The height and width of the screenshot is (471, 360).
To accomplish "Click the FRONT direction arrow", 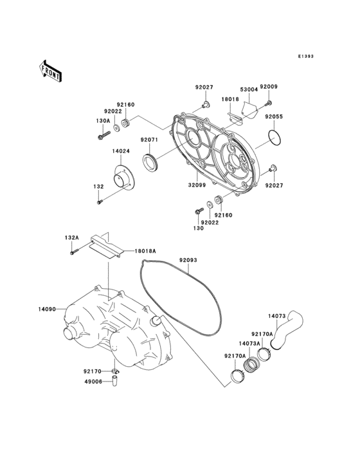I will (x=51, y=70).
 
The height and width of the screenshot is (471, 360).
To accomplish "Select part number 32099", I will (x=197, y=185).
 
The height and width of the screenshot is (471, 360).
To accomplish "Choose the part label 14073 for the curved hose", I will (x=276, y=315).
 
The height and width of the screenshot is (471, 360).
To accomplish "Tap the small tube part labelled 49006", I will (x=116, y=380).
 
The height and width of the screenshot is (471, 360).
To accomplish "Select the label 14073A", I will (x=249, y=344).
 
